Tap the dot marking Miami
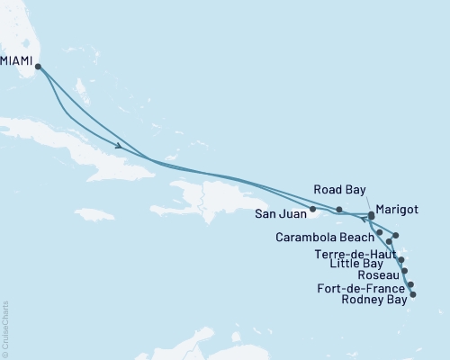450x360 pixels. (x=38, y=66)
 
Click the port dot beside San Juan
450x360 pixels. (x=312, y=210)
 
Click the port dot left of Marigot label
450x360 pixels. (x=371, y=214)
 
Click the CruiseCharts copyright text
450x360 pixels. (x=5, y=329)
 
